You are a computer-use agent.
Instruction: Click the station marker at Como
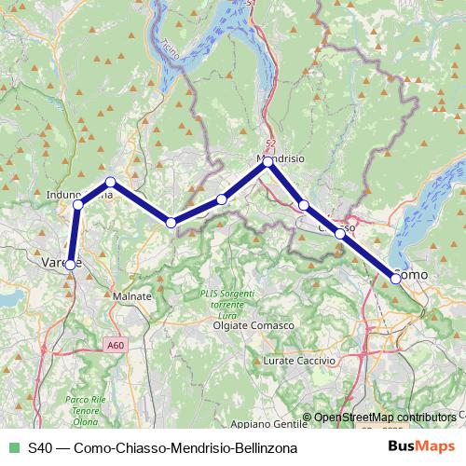pyautogui.click(x=396, y=277)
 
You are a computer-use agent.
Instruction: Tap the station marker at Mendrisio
pyautogui.click(x=267, y=161)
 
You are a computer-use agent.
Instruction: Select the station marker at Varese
pyautogui.click(x=70, y=265)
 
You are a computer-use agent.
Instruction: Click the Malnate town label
pyautogui.click(x=131, y=295)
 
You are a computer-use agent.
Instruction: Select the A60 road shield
pyautogui.click(x=114, y=345)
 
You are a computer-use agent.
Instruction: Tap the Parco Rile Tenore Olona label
pyautogui.click(x=82, y=406)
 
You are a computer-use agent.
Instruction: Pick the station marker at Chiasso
pyautogui.click(x=340, y=234)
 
